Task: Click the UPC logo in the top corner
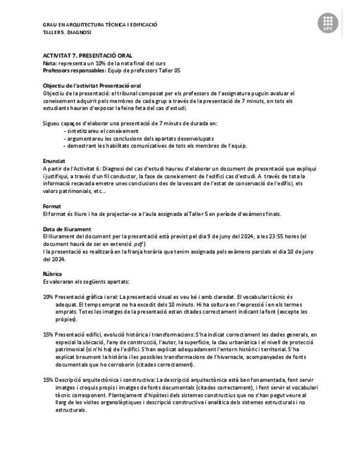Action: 328,24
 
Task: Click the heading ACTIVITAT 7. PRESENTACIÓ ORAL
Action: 87,56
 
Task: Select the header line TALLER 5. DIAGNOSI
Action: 67,32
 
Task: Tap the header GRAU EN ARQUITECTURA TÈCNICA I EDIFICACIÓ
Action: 100,25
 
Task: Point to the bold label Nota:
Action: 49,63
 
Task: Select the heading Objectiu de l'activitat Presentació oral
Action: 92,86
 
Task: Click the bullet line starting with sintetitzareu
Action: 102,131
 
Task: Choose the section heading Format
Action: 51,206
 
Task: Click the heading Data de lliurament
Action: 67,229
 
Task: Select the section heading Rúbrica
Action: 52,274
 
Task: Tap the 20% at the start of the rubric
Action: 48,297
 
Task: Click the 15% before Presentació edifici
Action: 48,334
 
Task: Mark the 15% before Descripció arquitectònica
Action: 48,379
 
